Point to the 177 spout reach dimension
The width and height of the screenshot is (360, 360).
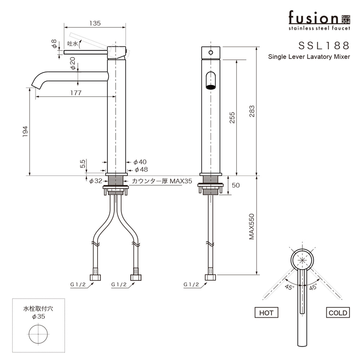[x=76, y=93]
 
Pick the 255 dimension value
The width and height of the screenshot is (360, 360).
[x=232, y=118]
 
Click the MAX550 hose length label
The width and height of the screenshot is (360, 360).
[x=252, y=227]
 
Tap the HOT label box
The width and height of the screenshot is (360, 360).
[x=266, y=313]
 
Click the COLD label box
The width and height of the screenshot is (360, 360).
[x=337, y=313]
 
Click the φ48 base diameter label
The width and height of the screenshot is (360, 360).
[x=140, y=170]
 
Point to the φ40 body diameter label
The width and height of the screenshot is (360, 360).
[x=140, y=162]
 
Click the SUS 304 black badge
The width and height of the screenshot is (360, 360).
[x=345, y=18]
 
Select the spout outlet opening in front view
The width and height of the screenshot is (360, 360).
[x=210, y=81]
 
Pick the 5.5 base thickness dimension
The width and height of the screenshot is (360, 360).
[x=83, y=164]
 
